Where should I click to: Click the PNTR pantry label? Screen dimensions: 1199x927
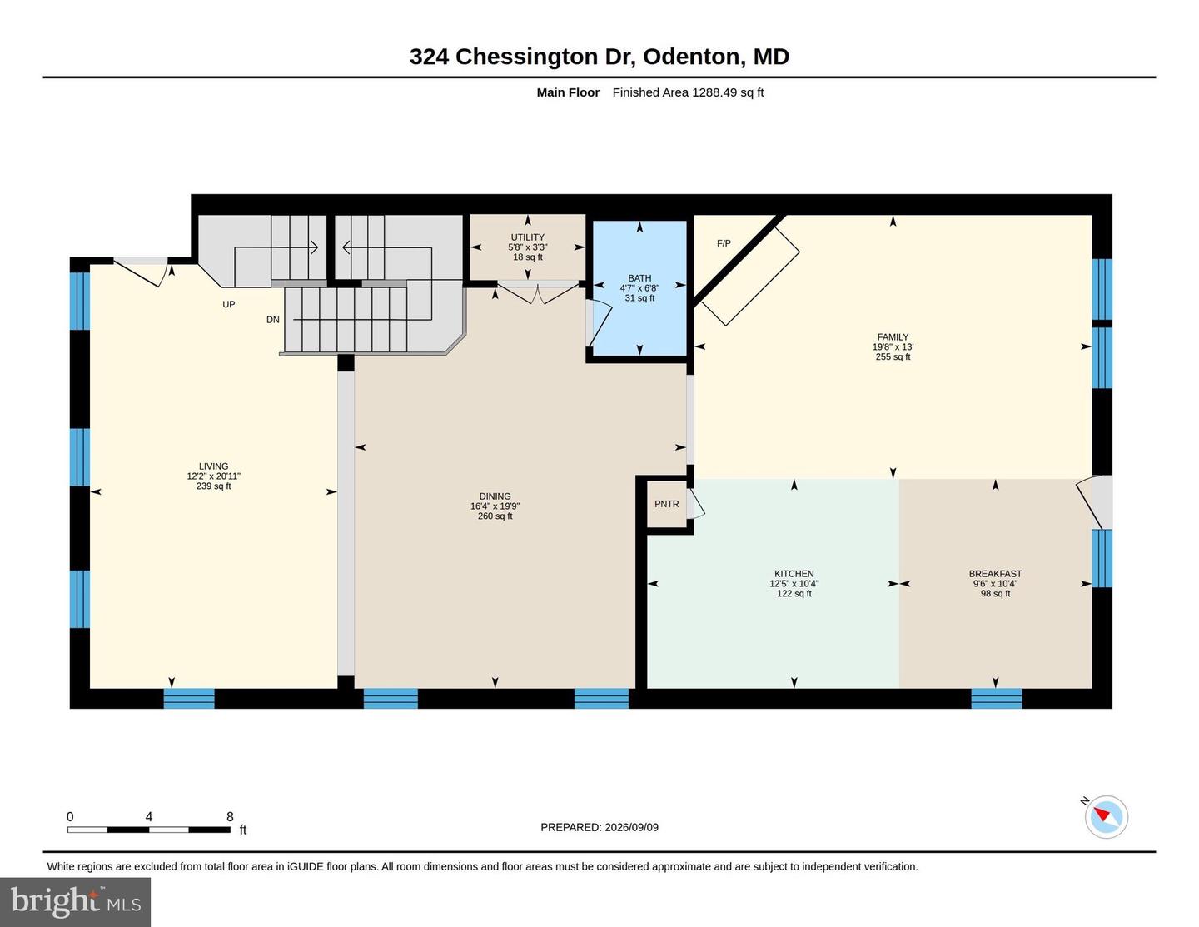coord(667,504)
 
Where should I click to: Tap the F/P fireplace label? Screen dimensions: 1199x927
coord(724,243)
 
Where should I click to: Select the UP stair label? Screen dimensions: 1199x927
coord(228,304)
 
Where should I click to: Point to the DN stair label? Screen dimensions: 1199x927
coord(272,320)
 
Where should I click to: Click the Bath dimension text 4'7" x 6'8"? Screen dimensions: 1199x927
coord(639,288)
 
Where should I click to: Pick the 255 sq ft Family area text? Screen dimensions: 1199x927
coord(893,357)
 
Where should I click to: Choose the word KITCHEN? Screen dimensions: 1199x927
coord(794,574)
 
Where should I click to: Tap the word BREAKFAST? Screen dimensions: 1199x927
coord(995,574)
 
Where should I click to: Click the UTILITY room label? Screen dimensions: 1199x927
coord(528,237)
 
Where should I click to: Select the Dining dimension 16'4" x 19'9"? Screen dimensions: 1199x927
coord(495,506)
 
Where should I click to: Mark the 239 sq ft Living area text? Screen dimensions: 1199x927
coord(213,486)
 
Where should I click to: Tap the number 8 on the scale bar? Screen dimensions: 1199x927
coord(230,816)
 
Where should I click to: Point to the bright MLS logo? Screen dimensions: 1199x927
coord(75,902)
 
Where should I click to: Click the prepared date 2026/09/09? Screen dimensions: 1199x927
coord(631,827)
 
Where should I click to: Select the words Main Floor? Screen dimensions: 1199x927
coord(568,92)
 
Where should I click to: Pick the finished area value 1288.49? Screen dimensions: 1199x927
coord(714,92)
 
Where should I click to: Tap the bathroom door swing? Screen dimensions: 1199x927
coord(600,323)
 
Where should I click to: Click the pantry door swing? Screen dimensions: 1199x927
coord(696,503)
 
